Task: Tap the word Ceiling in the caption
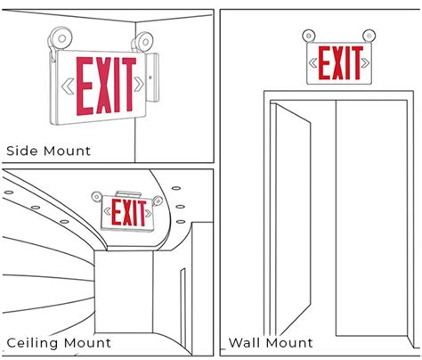32,343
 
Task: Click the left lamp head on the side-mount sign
60,38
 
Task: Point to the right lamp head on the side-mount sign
142,42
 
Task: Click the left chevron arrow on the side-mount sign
68,86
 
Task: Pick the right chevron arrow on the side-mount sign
138,84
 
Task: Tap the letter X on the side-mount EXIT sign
104,86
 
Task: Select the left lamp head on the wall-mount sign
309,36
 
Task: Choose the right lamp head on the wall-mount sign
369,36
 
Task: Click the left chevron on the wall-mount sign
312,63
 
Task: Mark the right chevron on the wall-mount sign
365,62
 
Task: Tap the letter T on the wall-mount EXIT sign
355,62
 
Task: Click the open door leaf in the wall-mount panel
291,220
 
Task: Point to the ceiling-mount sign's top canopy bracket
128,194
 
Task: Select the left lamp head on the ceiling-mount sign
96,197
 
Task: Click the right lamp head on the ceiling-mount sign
158,201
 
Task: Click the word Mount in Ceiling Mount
87,343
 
